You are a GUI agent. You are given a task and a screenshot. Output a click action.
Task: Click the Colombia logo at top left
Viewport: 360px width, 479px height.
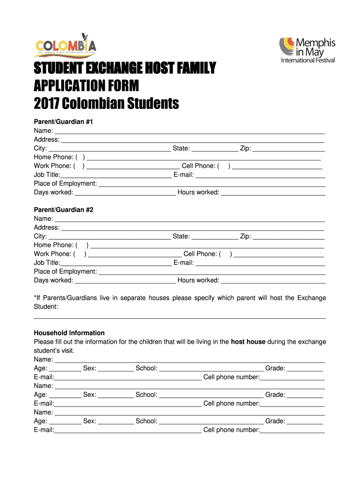coord(65,46)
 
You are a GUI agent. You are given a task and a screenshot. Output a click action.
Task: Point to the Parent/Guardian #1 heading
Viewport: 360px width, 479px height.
coord(64,122)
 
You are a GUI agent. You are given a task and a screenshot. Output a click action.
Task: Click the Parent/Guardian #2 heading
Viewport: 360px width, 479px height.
coord(64,210)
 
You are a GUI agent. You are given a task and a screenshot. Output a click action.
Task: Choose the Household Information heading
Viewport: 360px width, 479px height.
coord(69,333)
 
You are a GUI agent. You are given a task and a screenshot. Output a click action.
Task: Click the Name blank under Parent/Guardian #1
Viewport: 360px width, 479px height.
coord(189,131)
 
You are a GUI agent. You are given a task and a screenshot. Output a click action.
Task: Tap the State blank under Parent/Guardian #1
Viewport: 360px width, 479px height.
coord(215,149)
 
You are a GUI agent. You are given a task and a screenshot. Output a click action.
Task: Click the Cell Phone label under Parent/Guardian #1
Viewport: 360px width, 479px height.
coord(198,166)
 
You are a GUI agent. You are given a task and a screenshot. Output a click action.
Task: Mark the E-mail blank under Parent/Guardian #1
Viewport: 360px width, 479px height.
coord(260,175)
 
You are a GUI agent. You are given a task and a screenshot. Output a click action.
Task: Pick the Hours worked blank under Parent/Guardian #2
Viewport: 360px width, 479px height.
coord(273,281)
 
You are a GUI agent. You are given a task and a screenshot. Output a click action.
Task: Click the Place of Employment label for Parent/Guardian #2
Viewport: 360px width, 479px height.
coord(65,272)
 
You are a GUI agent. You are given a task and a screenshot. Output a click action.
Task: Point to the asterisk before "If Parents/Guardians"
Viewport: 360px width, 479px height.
coord(35,298)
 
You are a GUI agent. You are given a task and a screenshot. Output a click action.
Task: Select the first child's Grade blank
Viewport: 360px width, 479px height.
coord(305,369)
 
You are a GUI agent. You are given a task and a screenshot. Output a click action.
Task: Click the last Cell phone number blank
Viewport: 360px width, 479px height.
coord(292,430)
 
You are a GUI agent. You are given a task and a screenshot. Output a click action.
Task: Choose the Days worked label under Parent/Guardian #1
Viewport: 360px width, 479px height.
coord(53,193)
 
